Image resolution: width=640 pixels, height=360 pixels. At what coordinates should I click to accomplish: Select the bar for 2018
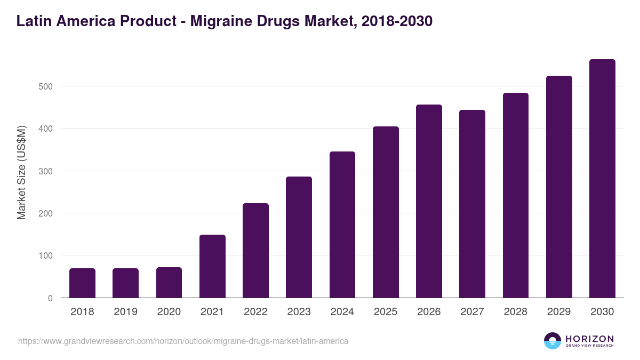(82, 283)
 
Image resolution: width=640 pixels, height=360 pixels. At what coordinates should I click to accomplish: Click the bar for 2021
(212, 266)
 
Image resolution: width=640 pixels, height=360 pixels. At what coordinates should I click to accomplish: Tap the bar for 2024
(342, 225)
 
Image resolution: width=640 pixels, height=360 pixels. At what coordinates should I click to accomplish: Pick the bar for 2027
(472, 204)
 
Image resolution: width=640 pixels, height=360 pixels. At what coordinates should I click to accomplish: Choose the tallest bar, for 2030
(602, 179)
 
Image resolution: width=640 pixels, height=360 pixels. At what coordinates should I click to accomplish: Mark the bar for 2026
(429, 201)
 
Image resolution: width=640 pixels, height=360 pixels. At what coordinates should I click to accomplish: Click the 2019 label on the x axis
(125, 312)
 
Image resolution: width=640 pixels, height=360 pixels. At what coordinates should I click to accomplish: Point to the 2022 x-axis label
(255, 312)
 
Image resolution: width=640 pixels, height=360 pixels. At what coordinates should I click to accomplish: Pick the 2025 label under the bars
(386, 312)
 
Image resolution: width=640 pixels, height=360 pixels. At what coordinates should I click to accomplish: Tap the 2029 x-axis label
(559, 312)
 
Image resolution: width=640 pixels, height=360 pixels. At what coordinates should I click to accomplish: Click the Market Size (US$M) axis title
(21, 172)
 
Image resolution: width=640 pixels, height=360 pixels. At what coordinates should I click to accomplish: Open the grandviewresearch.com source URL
(183, 341)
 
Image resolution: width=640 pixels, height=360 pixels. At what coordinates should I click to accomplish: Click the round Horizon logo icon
(553, 341)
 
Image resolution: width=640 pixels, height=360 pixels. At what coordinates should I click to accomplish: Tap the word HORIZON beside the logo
(590, 338)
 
